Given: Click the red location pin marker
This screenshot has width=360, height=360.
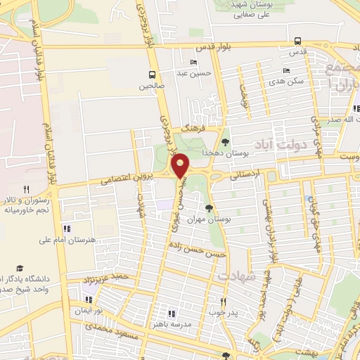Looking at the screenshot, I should pyautogui.click(x=181, y=166).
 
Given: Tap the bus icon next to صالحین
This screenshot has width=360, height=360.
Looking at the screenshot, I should pyautogui.click(x=153, y=75).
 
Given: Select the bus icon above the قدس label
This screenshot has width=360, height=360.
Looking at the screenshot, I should pyautogui.click(x=298, y=41).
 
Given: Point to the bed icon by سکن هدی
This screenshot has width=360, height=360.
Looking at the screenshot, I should pyautogui.click(x=285, y=70).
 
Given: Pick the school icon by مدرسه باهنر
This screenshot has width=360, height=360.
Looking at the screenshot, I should pyautogui.click(x=170, y=314).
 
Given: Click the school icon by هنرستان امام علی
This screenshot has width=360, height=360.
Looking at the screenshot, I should pyautogui.click(x=67, y=229).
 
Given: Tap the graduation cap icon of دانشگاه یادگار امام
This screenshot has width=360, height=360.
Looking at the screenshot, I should pyautogui.click(x=20, y=268).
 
